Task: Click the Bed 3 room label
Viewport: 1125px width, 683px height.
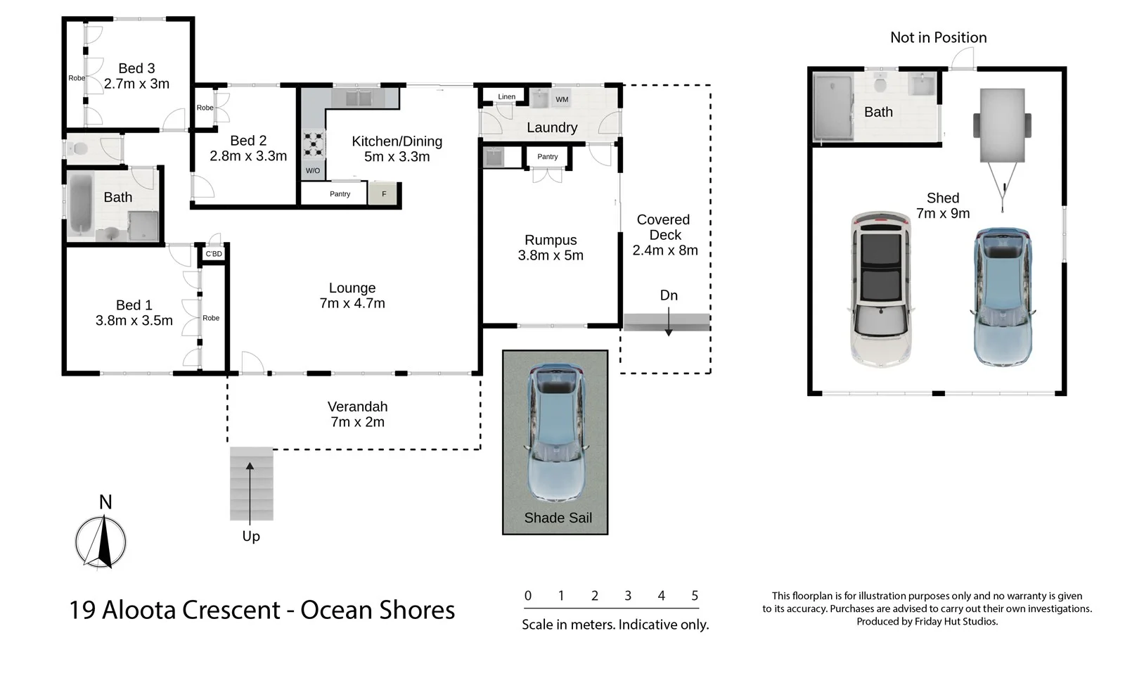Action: click(x=136, y=68)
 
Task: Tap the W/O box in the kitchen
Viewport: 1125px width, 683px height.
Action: click(x=312, y=171)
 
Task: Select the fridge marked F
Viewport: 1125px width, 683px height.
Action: click(x=384, y=194)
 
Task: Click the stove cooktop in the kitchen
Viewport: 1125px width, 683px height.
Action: click(x=314, y=144)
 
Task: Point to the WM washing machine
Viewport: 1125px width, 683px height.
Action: click(x=562, y=99)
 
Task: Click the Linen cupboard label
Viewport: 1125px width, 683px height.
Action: click(x=506, y=97)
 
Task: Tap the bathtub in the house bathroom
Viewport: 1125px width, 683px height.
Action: click(x=80, y=203)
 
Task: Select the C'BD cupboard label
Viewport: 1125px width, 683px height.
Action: click(x=214, y=254)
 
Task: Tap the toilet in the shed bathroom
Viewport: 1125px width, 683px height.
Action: click(x=879, y=84)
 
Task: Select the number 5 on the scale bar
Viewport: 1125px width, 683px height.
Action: click(x=695, y=596)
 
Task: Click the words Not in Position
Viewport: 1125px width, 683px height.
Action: click(x=938, y=37)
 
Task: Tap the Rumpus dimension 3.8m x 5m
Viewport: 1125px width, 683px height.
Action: click(x=551, y=255)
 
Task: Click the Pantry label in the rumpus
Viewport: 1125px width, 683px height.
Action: click(x=547, y=157)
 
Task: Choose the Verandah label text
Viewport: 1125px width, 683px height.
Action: click(x=357, y=407)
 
